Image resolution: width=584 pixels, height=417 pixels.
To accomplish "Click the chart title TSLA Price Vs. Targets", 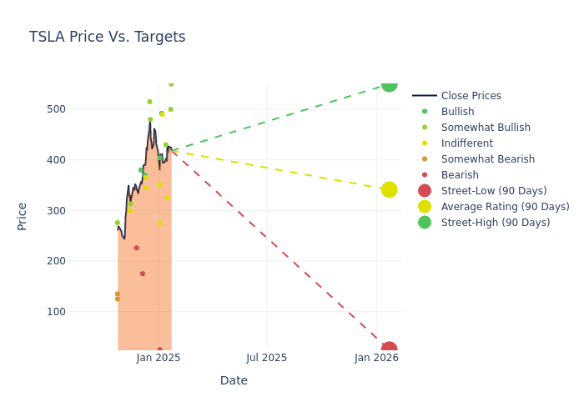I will (107, 38).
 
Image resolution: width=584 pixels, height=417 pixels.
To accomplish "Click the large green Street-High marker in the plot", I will (389, 83).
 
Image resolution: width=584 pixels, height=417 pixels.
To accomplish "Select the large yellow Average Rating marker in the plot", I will (389, 190).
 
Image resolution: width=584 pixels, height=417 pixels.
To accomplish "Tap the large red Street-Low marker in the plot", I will (389, 349).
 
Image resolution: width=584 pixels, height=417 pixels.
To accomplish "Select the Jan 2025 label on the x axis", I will (159, 358).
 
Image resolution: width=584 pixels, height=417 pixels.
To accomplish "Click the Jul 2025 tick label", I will (267, 358).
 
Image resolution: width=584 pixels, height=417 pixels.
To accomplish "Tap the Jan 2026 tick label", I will (376, 358).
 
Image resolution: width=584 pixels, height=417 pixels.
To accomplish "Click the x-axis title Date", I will (234, 381).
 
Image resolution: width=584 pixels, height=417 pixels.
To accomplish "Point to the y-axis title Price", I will (23, 216).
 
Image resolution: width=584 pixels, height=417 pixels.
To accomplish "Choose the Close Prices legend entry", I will (471, 96).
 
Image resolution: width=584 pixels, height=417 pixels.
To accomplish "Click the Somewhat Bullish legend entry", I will (486, 128).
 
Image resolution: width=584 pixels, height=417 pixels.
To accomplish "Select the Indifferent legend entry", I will (466, 143).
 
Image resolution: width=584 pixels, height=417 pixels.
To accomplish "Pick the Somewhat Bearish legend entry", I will (487, 159).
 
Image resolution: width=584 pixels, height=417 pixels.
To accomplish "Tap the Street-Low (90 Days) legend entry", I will (493, 191).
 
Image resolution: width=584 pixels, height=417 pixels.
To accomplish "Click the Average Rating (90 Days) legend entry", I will (505, 207).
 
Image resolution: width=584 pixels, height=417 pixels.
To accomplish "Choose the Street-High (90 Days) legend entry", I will (495, 223).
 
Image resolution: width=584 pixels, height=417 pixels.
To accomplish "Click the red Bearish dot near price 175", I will (143, 274).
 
